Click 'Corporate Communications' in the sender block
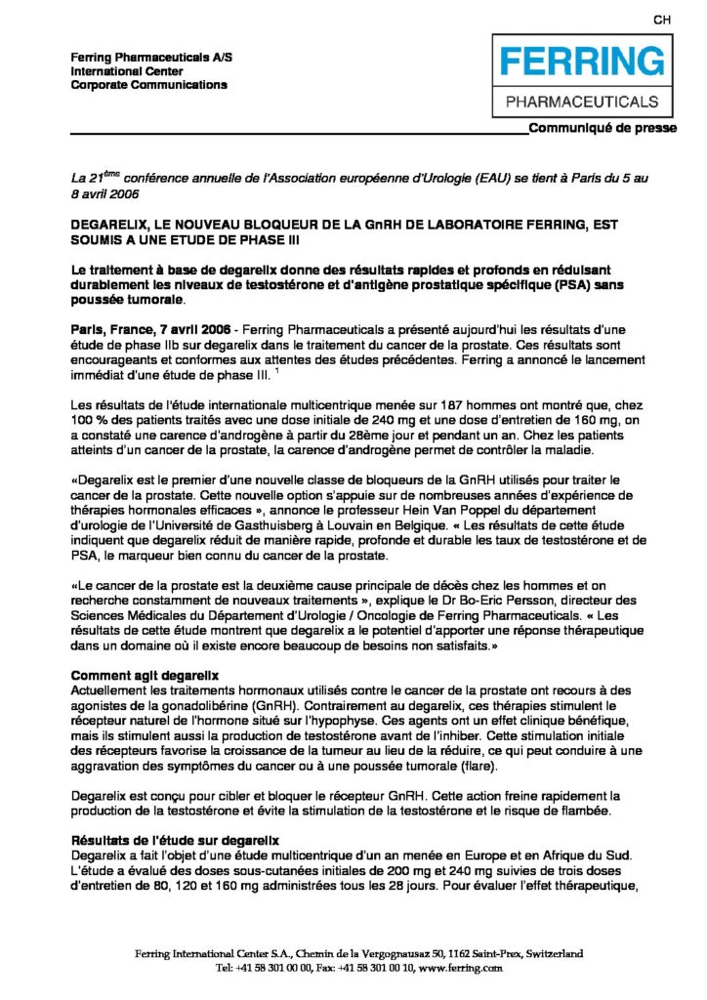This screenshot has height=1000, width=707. (x=149, y=85)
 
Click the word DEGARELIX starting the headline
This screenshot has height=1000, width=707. (x=114, y=225)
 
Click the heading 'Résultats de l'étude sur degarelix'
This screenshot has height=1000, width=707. (x=176, y=840)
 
